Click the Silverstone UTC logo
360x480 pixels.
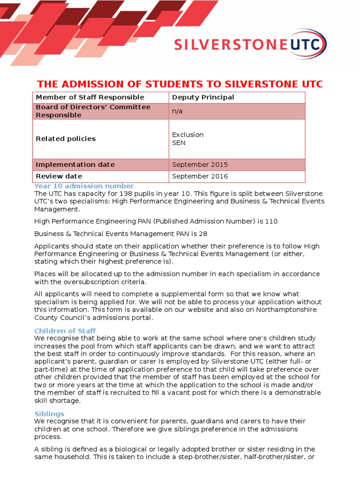pos(250,45)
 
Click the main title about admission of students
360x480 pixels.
pos(180,84)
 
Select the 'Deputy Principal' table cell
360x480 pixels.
pos(203,97)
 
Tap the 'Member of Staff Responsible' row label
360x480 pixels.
pos(90,97)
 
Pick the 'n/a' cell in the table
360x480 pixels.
pos(177,112)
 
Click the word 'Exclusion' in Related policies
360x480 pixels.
pos(187,135)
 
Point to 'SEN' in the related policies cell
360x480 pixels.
pos(179,142)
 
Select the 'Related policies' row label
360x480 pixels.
pos(66,139)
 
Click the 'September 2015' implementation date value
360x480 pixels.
pos(200,165)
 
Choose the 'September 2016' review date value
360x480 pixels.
pos(200,176)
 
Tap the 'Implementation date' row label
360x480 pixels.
pos(75,165)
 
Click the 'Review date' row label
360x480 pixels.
pos(59,176)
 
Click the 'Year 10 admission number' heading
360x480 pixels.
pos(84,186)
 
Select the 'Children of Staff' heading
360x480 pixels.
pos(65,331)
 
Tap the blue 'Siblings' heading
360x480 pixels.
pos(49,414)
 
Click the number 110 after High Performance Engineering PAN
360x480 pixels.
pos(271,221)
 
